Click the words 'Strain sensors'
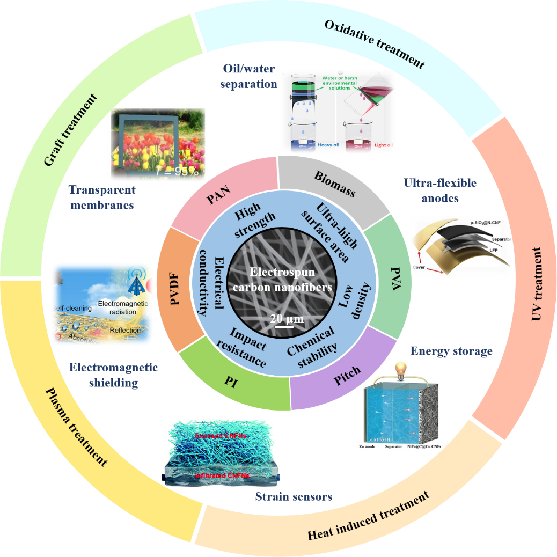pyautogui.click(x=294, y=496)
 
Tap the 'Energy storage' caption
pyautogui.click(x=451, y=351)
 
